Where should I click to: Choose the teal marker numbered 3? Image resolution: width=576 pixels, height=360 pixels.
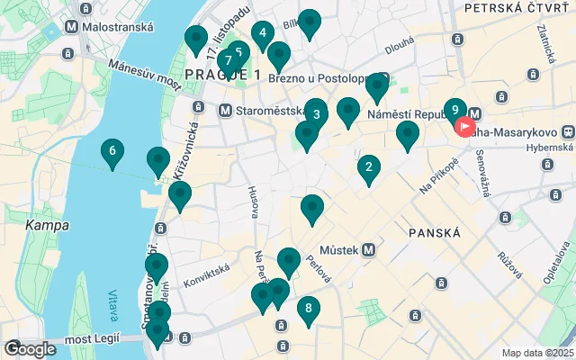[x=316, y=114]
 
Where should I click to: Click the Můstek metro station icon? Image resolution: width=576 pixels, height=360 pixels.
[x=368, y=249]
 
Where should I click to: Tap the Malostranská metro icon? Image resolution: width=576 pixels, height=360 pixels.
[x=72, y=27]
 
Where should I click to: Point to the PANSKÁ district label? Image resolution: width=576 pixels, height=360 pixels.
[x=435, y=232]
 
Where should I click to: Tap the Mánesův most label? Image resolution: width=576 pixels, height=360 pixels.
[x=144, y=76]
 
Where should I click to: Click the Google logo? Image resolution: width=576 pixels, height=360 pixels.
[x=30, y=349]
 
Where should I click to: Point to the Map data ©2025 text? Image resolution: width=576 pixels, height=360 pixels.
[x=537, y=353]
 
